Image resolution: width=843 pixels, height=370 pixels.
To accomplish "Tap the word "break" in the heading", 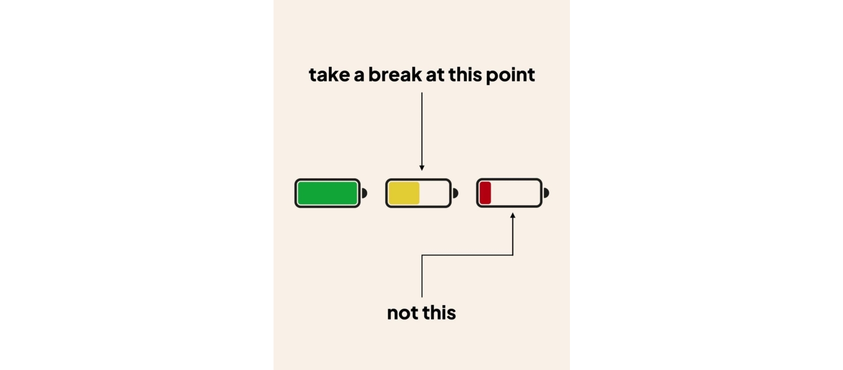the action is pyautogui.click(x=395, y=75).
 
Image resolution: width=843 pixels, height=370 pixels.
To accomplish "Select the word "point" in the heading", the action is pyautogui.click(x=510, y=75).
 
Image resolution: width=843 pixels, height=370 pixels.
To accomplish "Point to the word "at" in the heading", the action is pyautogui.click(x=435, y=75).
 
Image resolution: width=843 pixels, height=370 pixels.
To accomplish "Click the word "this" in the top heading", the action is pyautogui.click(x=465, y=75).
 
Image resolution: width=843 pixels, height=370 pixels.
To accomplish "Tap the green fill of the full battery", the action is pyautogui.click(x=327, y=193).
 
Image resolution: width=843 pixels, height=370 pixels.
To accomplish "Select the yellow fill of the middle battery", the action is pyautogui.click(x=404, y=193).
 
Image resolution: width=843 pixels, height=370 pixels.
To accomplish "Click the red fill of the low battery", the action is pyautogui.click(x=485, y=193).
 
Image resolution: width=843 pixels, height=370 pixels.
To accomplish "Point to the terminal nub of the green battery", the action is pyautogui.click(x=364, y=193).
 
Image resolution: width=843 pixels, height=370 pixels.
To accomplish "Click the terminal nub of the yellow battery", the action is pyautogui.click(x=455, y=193).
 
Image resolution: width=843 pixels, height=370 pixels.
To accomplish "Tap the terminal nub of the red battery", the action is pyautogui.click(x=547, y=193).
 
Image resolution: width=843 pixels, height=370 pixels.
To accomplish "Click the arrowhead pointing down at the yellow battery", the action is pyautogui.click(x=422, y=168).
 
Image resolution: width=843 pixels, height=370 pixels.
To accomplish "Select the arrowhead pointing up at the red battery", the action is pyautogui.click(x=512, y=215).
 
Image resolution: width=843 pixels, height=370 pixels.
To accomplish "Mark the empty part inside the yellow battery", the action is pyautogui.click(x=434, y=193).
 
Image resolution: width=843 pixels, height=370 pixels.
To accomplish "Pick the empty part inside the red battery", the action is pyautogui.click(x=515, y=193).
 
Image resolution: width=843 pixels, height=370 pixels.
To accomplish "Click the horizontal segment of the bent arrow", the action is pyautogui.click(x=467, y=255).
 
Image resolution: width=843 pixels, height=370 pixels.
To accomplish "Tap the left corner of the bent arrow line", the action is pyautogui.click(x=422, y=255).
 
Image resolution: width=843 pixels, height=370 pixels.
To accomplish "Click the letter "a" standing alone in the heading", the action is pyautogui.click(x=359, y=76).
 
